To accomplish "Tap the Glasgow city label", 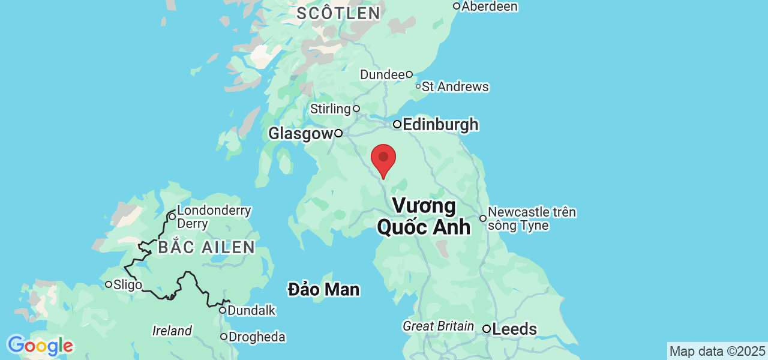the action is click(300, 133).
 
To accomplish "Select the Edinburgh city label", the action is click(440, 124).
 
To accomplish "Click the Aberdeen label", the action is click(488, 7).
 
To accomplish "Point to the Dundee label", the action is click(382, 75).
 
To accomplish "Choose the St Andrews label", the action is click(455, 87).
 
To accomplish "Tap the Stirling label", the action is click(331, 109).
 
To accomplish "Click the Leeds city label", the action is click(514, 329).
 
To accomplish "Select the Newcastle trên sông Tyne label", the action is click(532, 219).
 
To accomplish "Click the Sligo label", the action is click(127, 284).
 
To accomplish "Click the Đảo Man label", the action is click(323, 290).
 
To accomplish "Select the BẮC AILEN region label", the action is click(206, 247).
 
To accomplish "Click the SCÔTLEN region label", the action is click(338, 13).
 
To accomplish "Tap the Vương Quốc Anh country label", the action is click(424, 217).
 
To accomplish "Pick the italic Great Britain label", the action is click(439, 326).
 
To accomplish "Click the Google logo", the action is click(40, 346).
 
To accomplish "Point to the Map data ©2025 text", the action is click(717, 351).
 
